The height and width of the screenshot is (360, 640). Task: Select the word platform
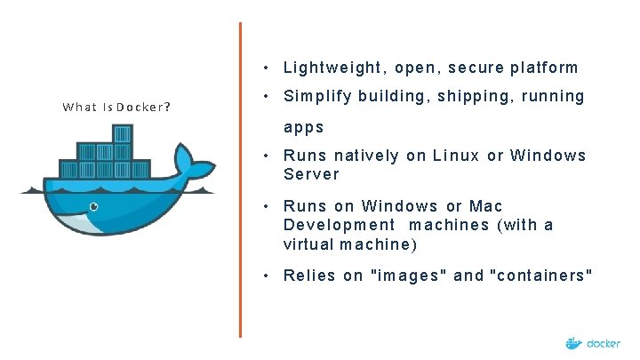click(x=544, y=68)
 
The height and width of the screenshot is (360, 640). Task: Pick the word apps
click(x=304, y=127)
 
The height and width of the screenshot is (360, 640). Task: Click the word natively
click(x=367, y=156)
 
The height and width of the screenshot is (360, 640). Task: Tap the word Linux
click(x=456, y=156)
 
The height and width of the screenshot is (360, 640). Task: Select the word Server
click(x=311, y=173)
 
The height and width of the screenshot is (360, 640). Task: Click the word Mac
click(x=486, y=206)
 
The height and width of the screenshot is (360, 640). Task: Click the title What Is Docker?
click(x=116, y=108)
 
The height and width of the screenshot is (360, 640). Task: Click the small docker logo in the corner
click(x=593, y=343)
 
